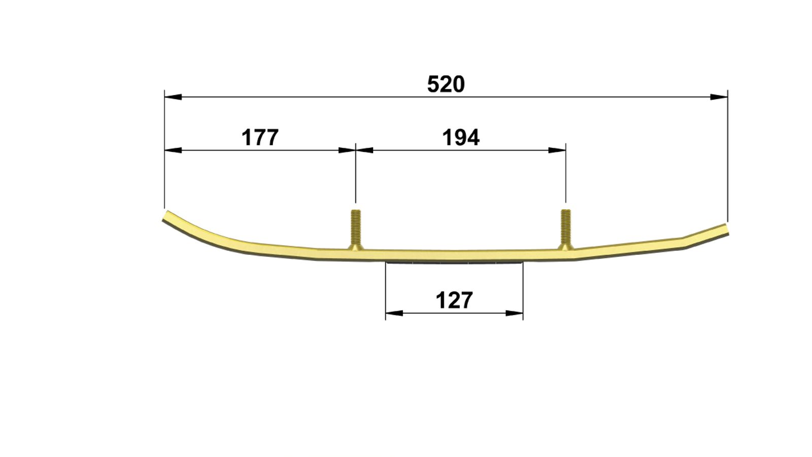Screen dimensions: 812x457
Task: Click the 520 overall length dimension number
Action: click(446, 84)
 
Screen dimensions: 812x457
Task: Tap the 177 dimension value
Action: click(260, 138)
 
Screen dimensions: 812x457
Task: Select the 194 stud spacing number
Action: click(461, 138)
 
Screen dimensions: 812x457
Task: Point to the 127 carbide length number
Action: click(454, 300)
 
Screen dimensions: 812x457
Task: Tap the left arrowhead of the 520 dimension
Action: click(173, 97)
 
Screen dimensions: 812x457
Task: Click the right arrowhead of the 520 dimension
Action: click(719, 97)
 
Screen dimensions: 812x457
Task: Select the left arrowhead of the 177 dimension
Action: click(173, 150)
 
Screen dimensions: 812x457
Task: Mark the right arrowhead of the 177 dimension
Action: click(347, 150)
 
